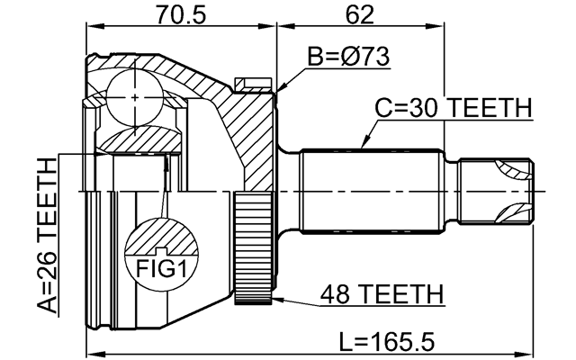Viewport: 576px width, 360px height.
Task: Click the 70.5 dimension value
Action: tap(181, 15)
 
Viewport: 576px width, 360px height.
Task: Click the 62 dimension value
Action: tap(358, 15)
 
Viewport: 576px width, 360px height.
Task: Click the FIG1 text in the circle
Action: tap(159, 267)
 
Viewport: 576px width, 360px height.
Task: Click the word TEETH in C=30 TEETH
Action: tap(490, 108)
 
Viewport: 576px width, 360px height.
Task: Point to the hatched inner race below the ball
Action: tap(135, 139)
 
